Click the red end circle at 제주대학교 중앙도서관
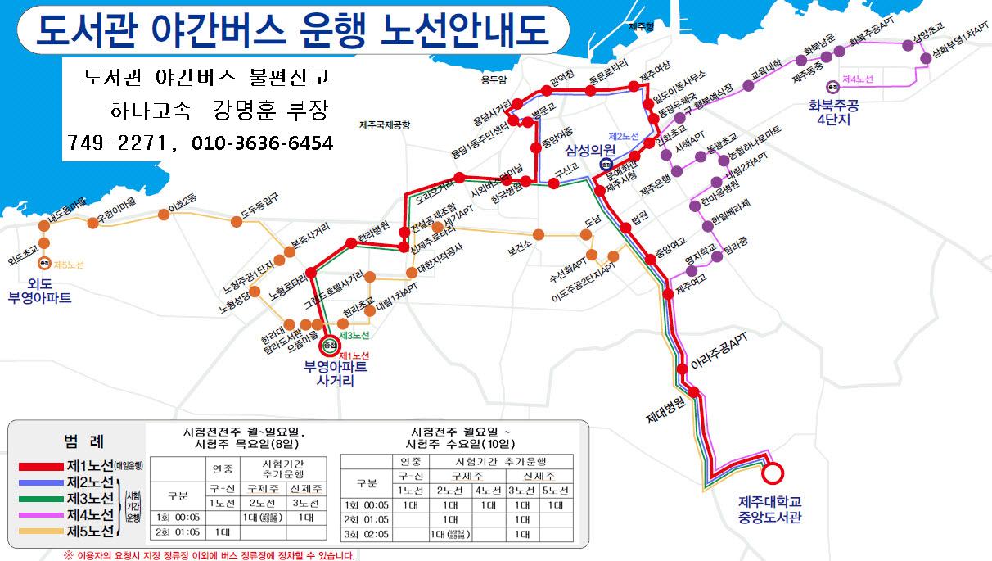point(772,473)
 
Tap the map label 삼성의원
point(593,149)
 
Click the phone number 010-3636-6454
point(263,143)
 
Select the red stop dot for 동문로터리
point(591,90)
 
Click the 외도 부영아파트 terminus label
point(39,291)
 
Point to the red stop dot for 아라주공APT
point(682,367)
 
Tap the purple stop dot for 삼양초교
point(906,46)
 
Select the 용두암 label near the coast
point(494,79)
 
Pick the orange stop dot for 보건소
point(537,233)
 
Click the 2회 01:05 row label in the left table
point(177,532)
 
